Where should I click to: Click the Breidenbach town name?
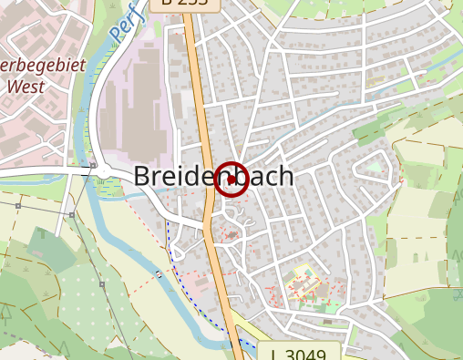213,177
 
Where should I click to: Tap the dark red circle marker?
231,179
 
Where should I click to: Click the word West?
25,88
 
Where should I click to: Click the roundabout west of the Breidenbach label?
103,171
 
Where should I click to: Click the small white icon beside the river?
159,273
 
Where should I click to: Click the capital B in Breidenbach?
144,177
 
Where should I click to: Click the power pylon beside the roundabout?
93,166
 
